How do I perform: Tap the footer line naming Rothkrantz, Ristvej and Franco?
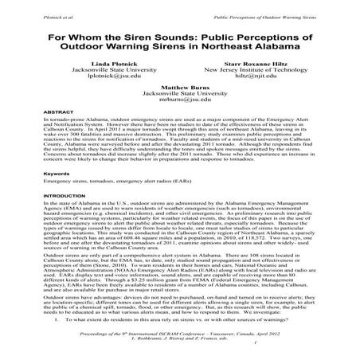[x=180, y=338]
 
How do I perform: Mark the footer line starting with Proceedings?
[x=180, y=331]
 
